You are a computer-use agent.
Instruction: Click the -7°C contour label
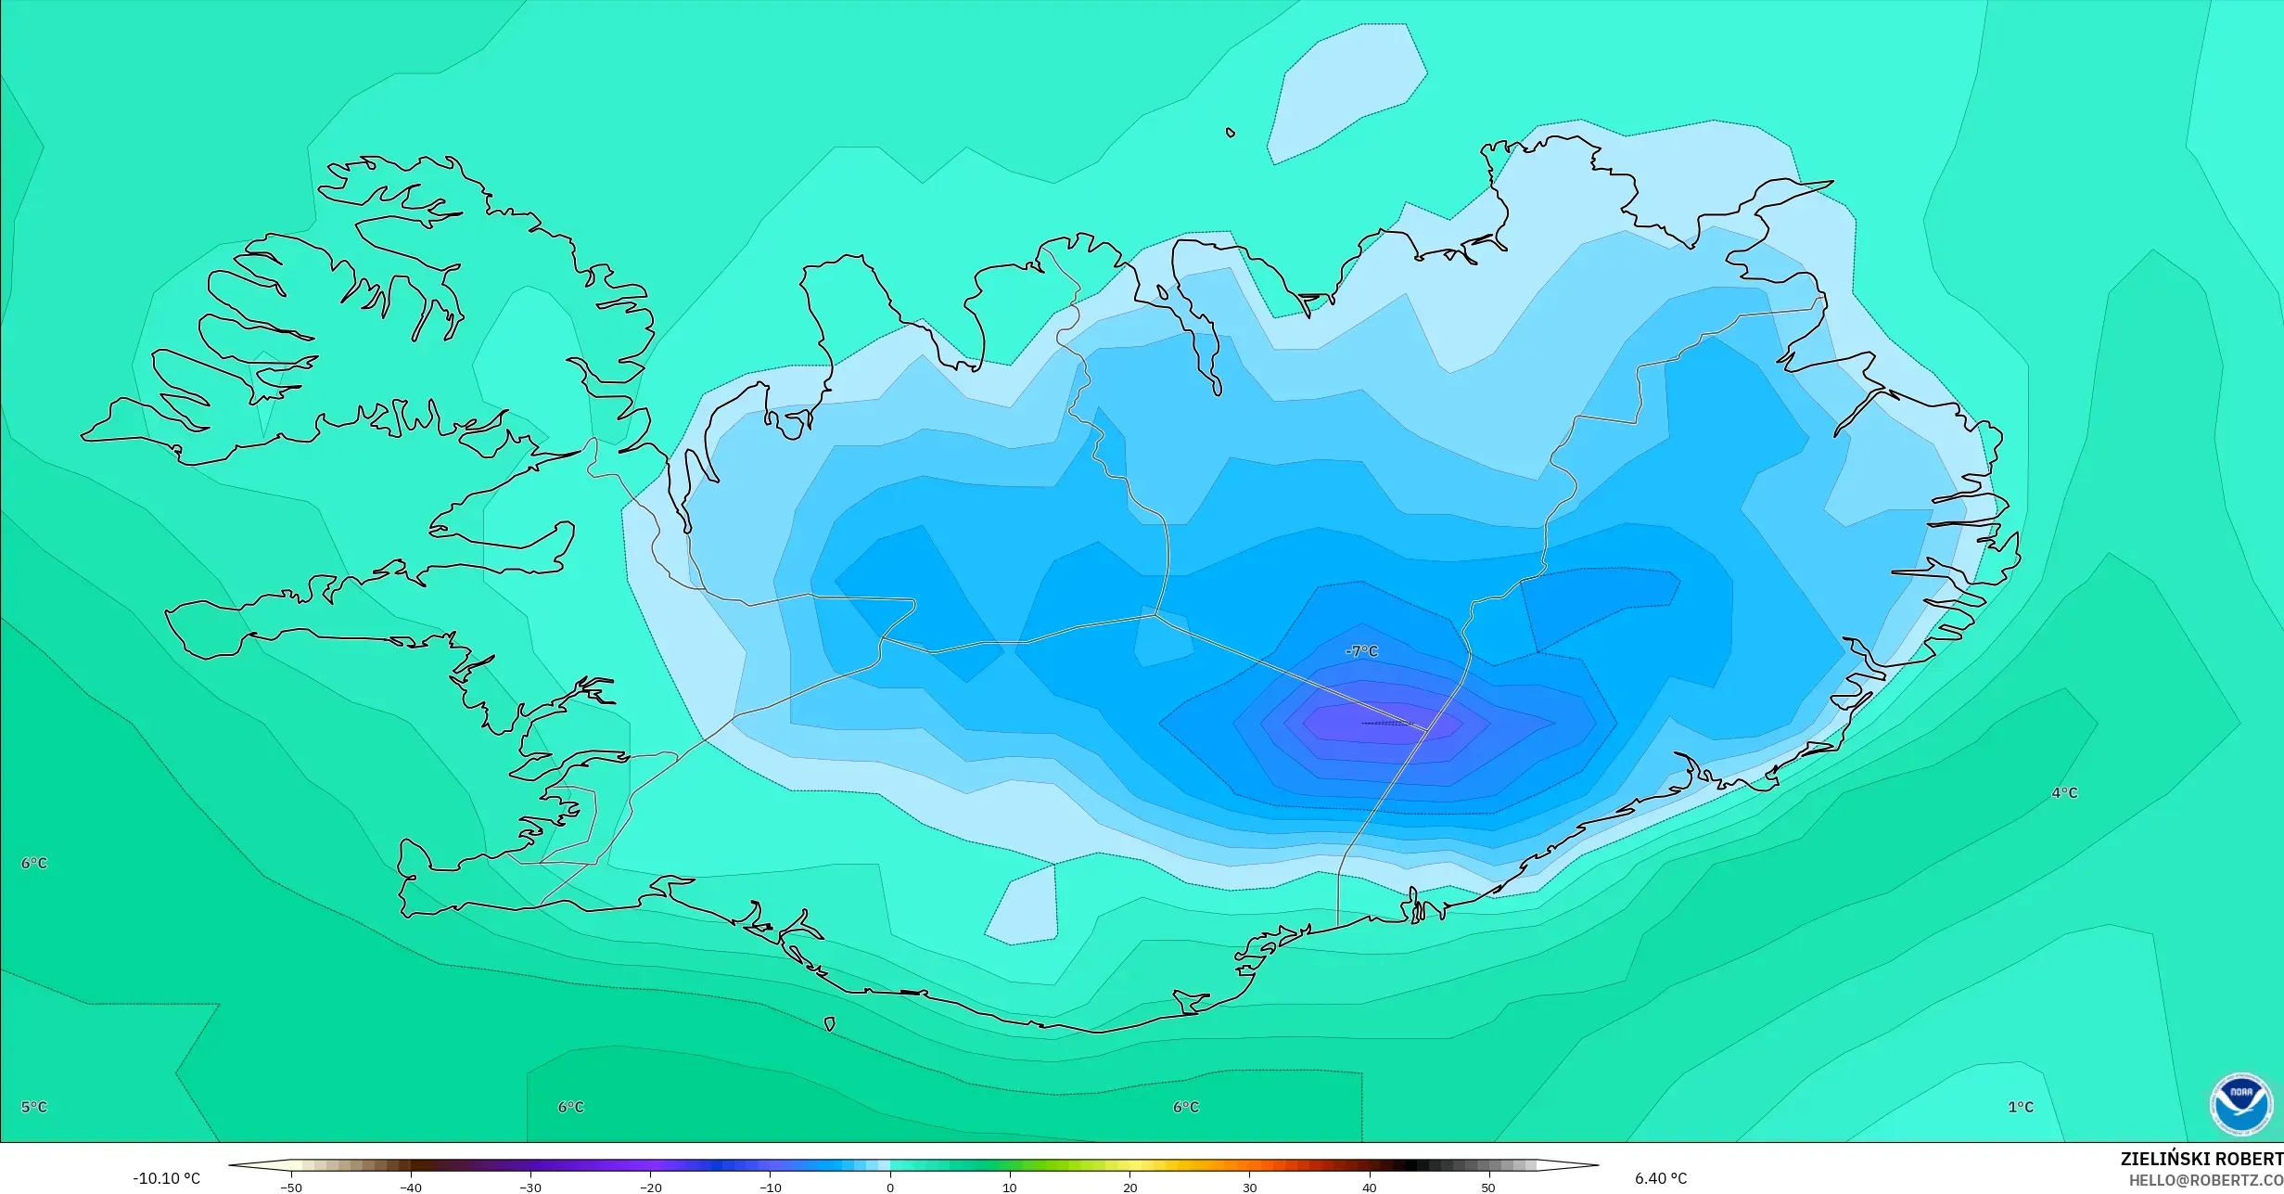[x=1361, y=652]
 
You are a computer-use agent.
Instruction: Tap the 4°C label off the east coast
[x=2064, y=793]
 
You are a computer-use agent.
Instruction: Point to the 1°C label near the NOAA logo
[x=2021, y=1107]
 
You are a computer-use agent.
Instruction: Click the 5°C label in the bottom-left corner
[x=34, y=1107]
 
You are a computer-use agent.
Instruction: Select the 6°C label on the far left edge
[x=34, y=863]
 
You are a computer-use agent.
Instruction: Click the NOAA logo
[x=2240, y=1104]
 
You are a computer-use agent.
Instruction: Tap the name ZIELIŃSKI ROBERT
[x=2201, y=1159]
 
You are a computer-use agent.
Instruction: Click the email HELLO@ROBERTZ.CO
[x=2205, y=1180]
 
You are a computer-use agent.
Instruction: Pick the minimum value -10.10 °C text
[x=166, y=1179]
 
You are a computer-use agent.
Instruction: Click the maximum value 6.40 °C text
[x=1660, y=1179]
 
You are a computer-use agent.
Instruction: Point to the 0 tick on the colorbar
[x=890, y=1188]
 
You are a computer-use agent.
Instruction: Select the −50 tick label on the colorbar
[x=290, y=1188]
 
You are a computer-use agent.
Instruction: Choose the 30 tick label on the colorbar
[x=1249, y=1188]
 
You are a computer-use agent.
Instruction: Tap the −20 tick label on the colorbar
[x=650, y=1188]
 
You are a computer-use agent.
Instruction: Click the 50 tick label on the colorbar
[x=1488, y=1188]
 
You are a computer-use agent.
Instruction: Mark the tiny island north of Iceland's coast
[x=1231, y=133]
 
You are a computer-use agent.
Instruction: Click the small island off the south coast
[x=829, y=1024]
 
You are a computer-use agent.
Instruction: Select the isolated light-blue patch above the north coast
[x=1345, y=93]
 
